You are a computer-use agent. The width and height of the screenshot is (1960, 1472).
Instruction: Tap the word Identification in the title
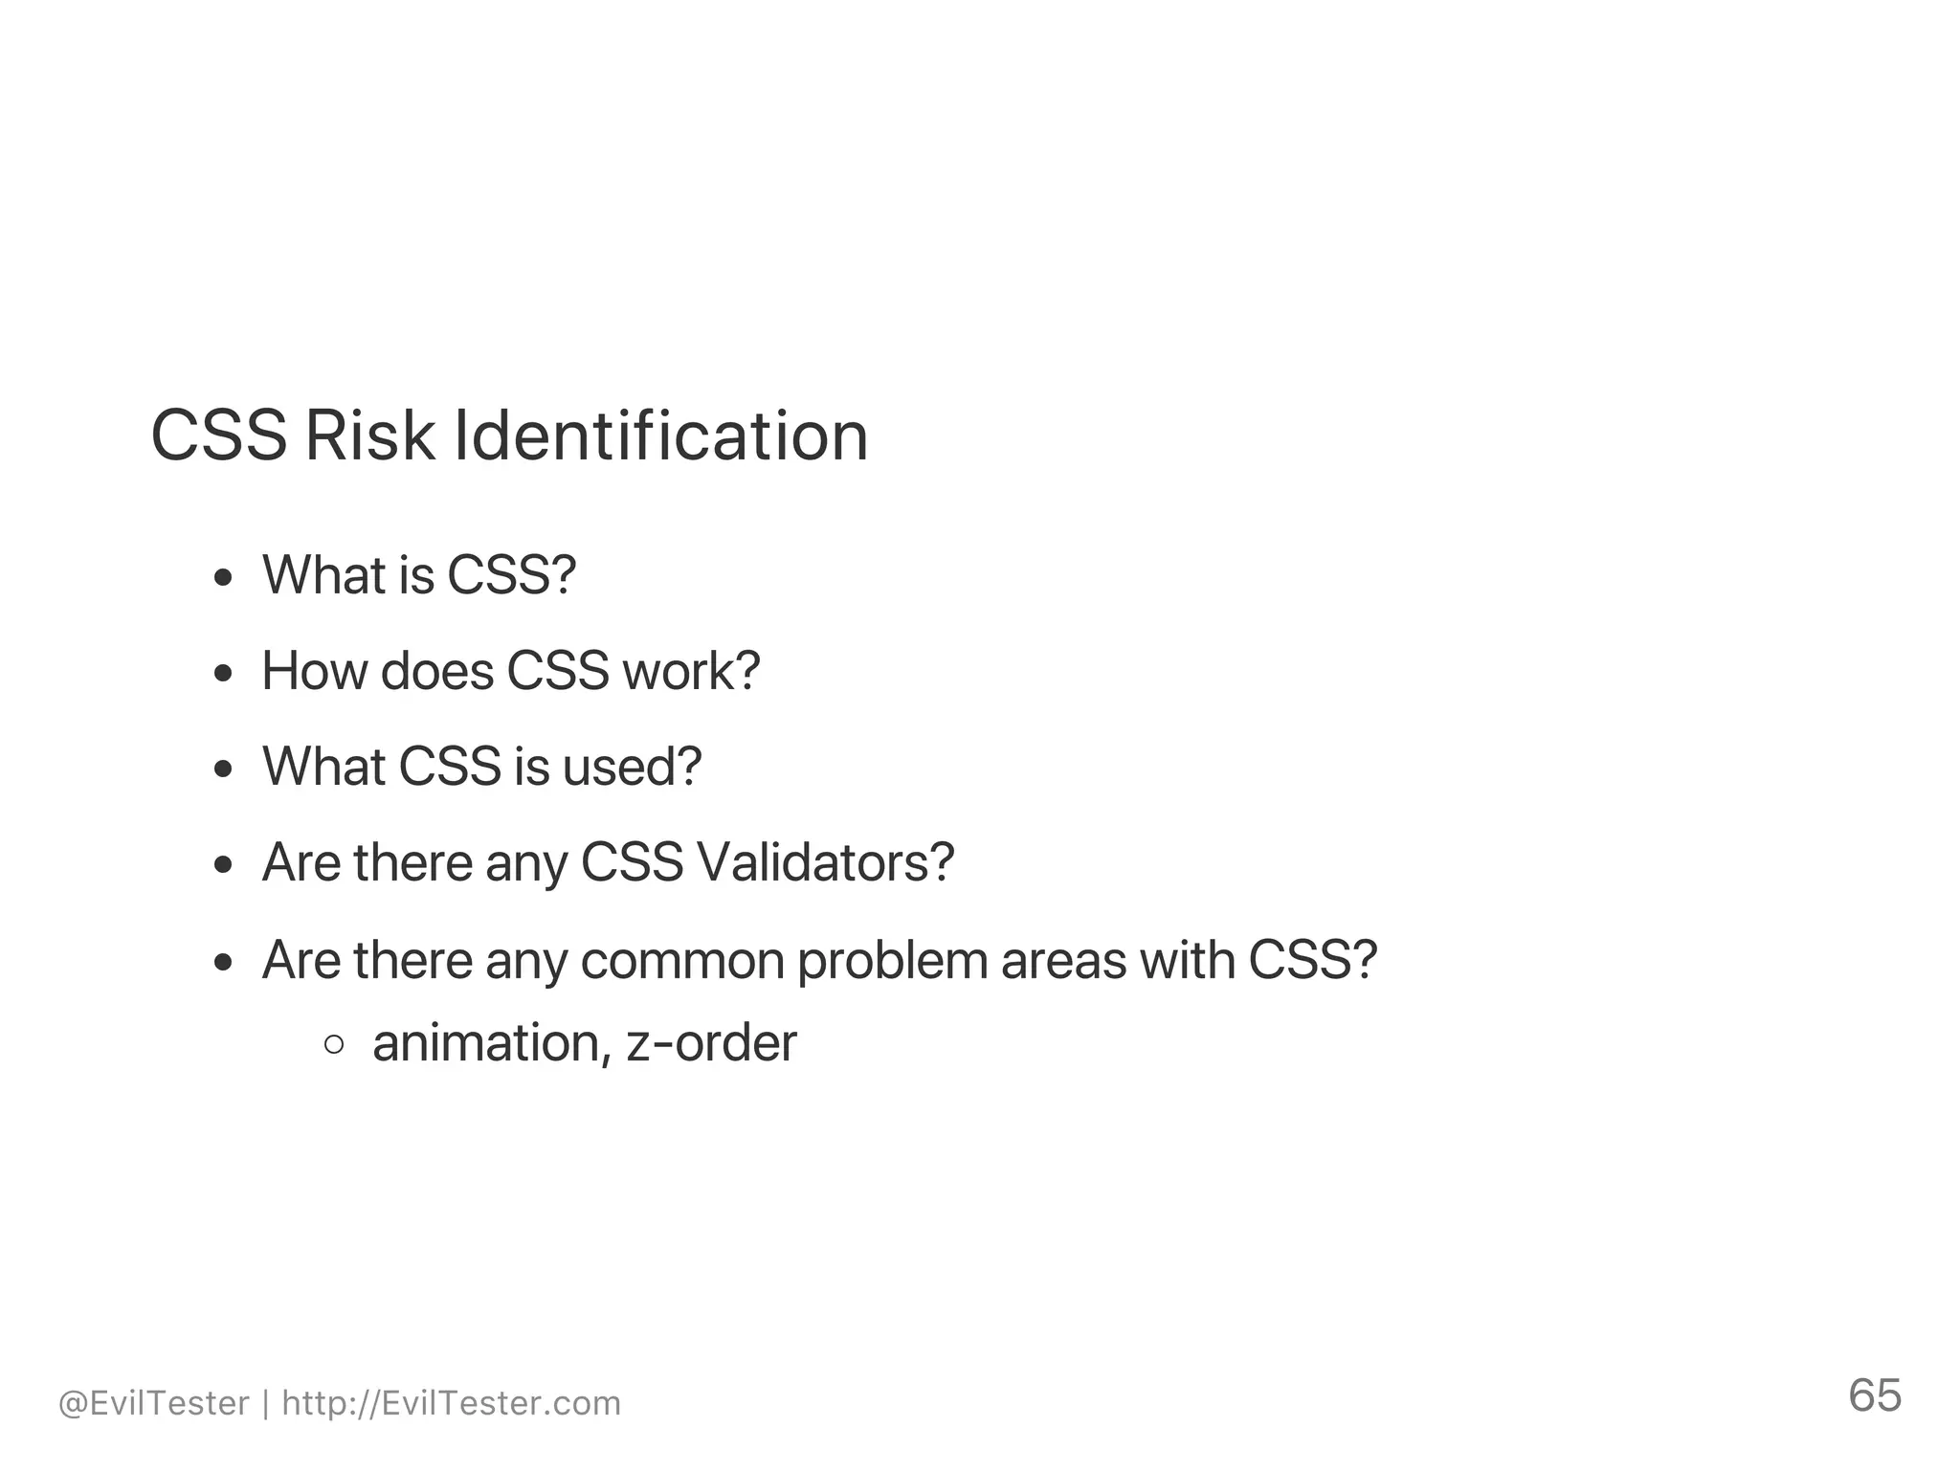(660, 436)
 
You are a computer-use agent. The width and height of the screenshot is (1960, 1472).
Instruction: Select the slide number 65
(1874, 1395)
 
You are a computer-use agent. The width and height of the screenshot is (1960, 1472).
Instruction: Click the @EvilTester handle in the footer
(154, 1403)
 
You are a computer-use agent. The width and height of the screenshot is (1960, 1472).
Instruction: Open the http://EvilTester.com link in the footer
(452, 1403)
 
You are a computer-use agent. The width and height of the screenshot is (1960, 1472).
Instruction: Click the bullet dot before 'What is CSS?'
(224, 577)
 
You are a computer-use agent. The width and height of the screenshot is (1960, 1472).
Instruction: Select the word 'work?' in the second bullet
(691, 671)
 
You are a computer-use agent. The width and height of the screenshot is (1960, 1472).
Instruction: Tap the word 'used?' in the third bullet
(632, 767)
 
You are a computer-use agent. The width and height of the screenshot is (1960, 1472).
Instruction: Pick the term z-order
(711, 1042)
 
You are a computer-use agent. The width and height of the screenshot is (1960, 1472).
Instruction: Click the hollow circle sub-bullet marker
(334, 1044)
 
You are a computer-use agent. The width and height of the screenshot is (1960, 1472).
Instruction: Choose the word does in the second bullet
(436, 671)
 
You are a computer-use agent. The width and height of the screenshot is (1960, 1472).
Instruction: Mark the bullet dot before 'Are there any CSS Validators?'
(224, 865)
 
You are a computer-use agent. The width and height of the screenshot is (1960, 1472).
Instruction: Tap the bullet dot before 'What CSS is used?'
(224, 769)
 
